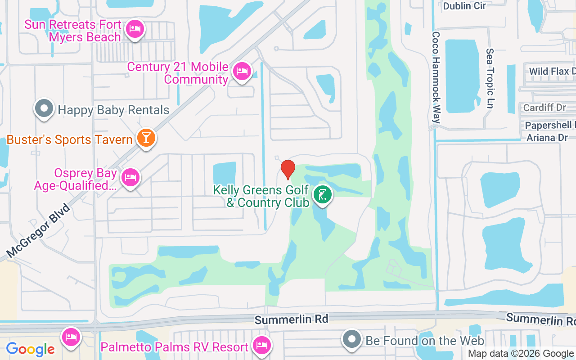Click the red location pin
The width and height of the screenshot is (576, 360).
click(288, 169)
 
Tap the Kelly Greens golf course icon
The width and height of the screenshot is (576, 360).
click(322, 195)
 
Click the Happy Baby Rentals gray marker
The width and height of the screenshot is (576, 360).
click(44, 109)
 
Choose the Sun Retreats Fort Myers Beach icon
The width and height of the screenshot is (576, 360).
click(134, 30)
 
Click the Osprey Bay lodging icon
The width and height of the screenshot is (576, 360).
click(130, 177)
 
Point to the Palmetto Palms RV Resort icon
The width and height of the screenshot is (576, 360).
click(261, 346)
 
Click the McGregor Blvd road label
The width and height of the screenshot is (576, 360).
click(39, 230)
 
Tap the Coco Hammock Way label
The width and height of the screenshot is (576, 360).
click(436, 77)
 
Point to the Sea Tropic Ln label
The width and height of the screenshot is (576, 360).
click(490, 79)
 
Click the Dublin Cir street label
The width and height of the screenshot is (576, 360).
click(464, 6)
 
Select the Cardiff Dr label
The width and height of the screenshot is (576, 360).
click(544, 108)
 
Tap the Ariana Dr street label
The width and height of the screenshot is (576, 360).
click(547, 137)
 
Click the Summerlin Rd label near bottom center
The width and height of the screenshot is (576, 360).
click(291, 319)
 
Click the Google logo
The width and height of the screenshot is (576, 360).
click(31, 349)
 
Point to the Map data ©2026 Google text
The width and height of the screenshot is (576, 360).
click(521, 354)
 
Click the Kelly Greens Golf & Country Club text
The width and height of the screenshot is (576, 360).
click(261, 196)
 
